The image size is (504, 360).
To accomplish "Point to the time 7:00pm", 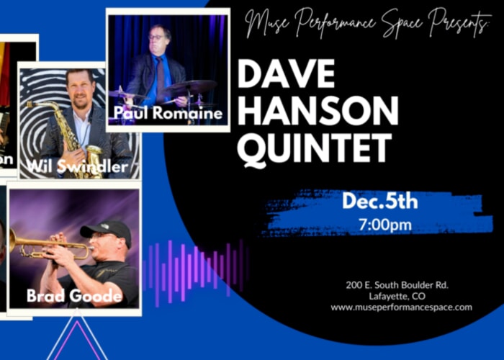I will pos(384,225).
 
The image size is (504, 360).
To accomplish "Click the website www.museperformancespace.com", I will pos(402,307).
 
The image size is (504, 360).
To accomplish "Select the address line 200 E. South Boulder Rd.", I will pos(401,286).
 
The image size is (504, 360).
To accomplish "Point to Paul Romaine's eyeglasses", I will pos(156,37).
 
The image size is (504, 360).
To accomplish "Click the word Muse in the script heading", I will pos(265,25).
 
